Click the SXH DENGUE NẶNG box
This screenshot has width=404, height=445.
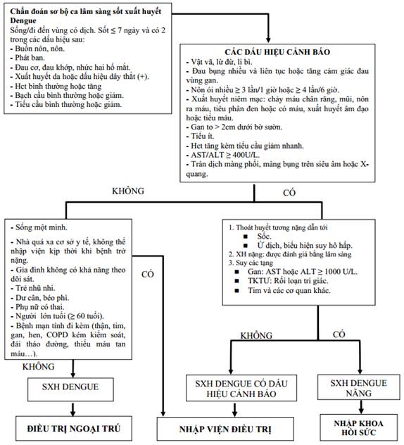358,387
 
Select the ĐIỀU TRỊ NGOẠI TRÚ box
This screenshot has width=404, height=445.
74,428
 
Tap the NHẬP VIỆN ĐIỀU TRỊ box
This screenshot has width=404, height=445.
225,429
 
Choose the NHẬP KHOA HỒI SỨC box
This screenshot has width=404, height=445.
359,427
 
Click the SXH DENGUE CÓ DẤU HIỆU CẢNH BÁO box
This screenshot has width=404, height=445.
241,388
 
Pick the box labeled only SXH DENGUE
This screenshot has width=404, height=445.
70,389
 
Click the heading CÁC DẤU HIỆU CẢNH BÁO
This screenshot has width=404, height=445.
277,52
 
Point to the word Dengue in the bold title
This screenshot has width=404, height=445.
23,20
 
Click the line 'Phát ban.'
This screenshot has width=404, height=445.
27,58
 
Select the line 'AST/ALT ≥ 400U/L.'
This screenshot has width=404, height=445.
222,155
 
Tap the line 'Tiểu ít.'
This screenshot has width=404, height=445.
200,136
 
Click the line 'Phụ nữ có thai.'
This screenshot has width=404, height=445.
37,307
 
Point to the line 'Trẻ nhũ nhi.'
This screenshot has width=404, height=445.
33,288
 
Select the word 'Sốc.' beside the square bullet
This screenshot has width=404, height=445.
264,236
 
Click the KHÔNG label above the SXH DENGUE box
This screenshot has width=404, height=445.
38,367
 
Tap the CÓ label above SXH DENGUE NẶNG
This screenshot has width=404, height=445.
339,334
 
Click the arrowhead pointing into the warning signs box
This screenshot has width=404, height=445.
268,39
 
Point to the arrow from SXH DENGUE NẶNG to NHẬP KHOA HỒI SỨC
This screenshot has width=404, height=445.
361,407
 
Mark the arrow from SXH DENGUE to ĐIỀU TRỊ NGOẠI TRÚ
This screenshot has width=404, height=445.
73,409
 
